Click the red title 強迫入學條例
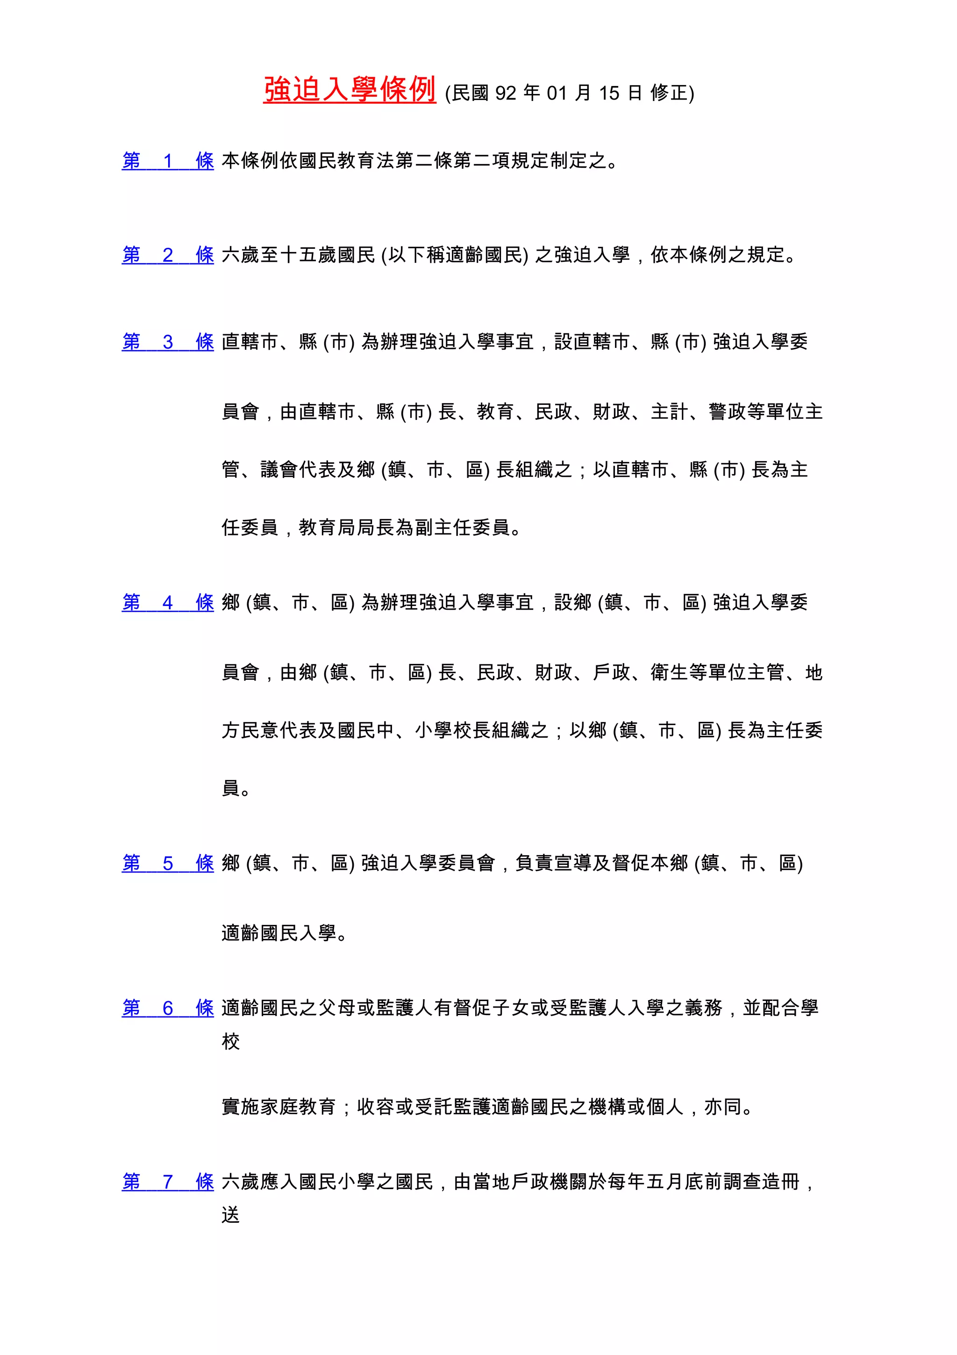(349, 90)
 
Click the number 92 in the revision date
(505, 93)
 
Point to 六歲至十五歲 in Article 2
(279, 255)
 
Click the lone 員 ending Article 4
(230, 788)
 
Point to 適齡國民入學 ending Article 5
(279, 933)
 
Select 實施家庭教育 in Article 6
(279, 1107)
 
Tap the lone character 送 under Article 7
(230, 1215)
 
